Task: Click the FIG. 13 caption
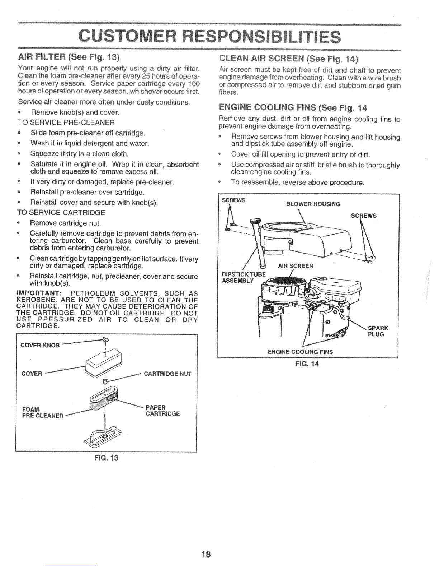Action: click(106, 458)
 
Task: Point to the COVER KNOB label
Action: click(40, 346)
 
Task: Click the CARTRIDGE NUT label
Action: click(167, 374)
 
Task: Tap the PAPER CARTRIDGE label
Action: click(162, 411)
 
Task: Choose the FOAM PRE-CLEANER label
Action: click(43, 413)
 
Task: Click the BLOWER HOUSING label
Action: click(313, 204)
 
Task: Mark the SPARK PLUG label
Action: click(378, 331)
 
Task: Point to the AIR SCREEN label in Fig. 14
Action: click(296, 266)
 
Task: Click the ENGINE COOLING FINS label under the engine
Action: click(300, 352)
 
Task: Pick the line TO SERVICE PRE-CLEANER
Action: click(66, 123)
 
